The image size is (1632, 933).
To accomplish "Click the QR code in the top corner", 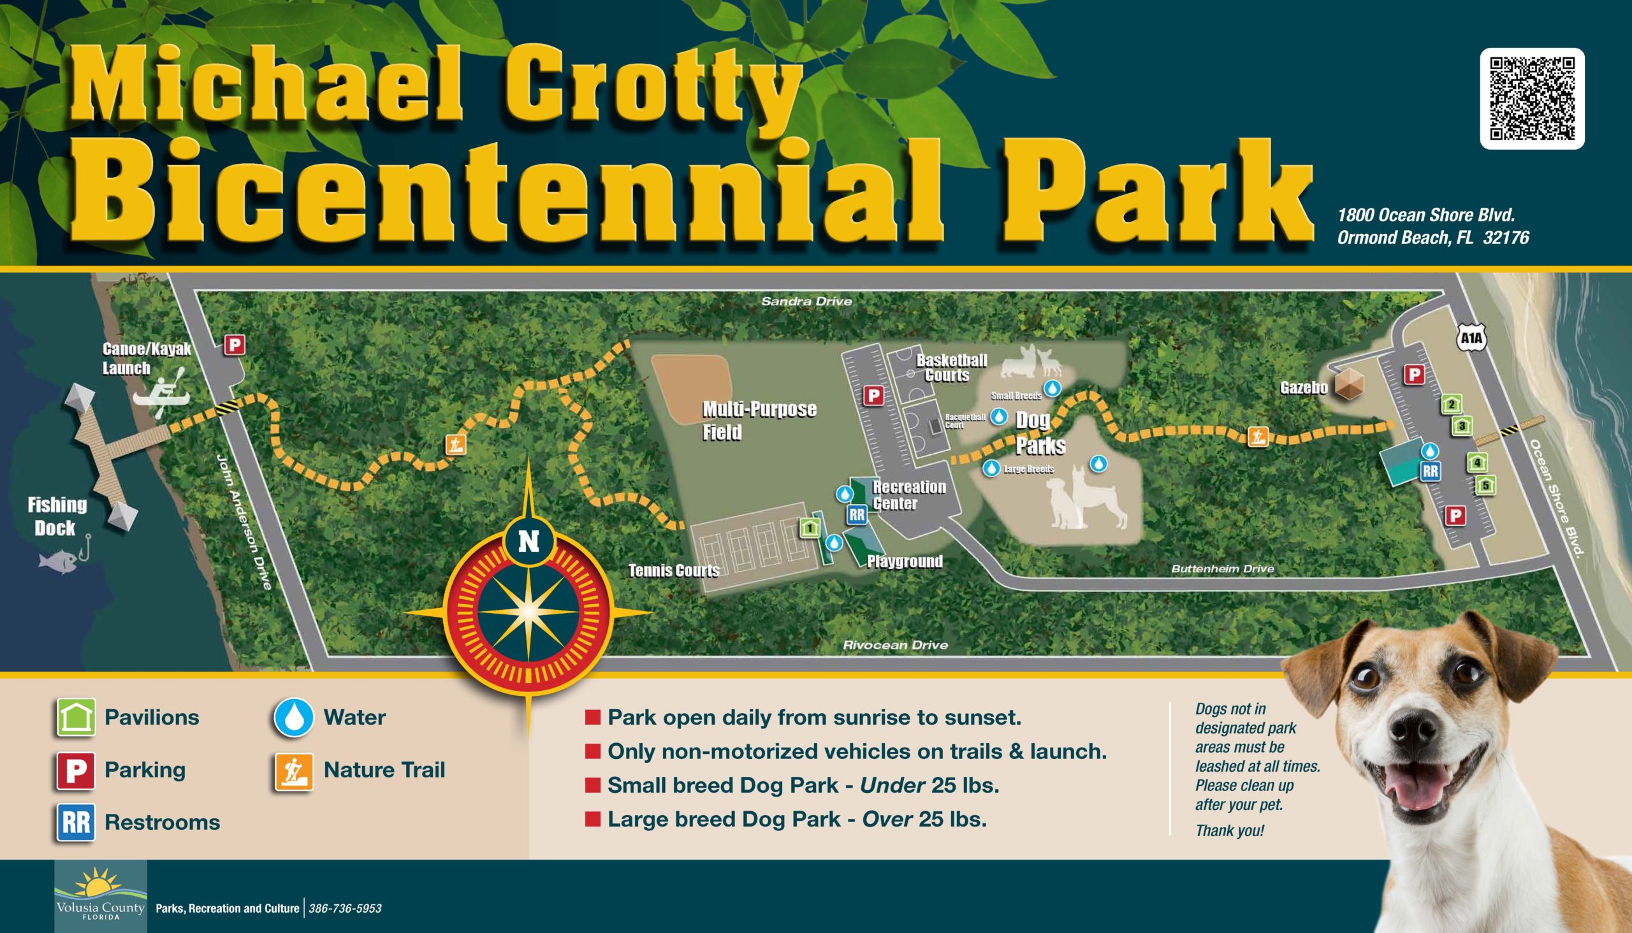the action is [x=1532, y=98].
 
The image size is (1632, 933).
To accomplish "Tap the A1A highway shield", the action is [x=1472, y=339].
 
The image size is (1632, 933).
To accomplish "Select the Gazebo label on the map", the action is [x=1303, y=387].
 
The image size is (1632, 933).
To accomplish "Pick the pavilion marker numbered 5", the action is [x=1485, y=486].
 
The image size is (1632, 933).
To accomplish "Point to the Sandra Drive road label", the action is [x=806, y=301].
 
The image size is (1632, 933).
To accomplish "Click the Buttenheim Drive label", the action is [x=1222, y=568].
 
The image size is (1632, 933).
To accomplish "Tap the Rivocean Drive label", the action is [x=895, y=646].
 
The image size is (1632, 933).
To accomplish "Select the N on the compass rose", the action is [x=528, y=542].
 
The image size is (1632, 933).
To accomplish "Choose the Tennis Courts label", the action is [x=674, y=570].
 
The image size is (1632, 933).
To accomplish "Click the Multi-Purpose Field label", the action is [x=759, y=421].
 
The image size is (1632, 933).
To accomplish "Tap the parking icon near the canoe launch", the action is [x=235, y=345].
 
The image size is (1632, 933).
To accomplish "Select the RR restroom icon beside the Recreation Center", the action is [x=856, y=514].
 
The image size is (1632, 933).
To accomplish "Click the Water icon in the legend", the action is [x=294, y=717].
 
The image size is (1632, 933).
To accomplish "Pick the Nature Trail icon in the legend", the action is [x=294, y=770].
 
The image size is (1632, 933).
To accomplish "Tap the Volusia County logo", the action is [x=101, y=895].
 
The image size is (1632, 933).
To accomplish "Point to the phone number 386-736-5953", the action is [x=345, y=908].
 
